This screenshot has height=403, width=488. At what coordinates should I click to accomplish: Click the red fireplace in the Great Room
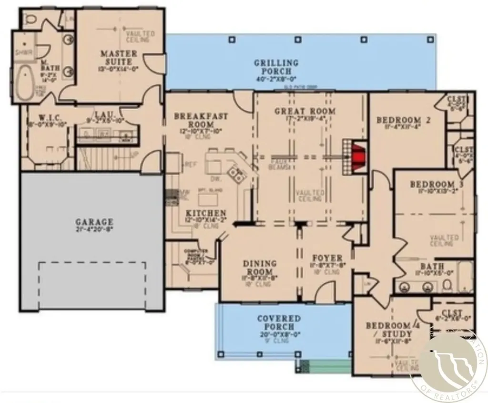[x=358, y=157]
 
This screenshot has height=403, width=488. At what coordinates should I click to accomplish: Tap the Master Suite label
[x=119, y=57]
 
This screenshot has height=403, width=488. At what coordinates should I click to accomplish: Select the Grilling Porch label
[x=276, y=66]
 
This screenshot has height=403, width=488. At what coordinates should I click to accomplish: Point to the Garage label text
[x=94, y=222]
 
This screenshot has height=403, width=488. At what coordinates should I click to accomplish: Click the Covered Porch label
[x=279, y=322]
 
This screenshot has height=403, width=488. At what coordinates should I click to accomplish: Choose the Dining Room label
[x=260, y=268]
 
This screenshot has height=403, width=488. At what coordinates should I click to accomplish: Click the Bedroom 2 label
[x=403, y=120]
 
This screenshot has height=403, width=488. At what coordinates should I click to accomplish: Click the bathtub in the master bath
[x=23, y=84]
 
